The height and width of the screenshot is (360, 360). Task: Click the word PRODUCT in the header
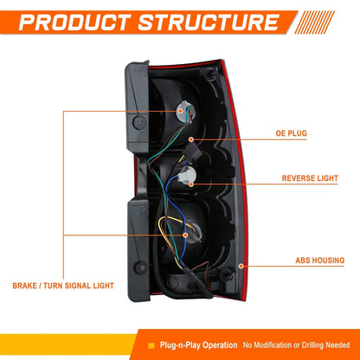point(74,22)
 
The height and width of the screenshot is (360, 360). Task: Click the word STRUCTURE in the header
point(209,22)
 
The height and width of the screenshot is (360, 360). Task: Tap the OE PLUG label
point(291,133)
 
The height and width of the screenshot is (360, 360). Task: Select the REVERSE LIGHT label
point(310,178)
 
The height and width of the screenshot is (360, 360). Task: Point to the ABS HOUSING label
point(320,260)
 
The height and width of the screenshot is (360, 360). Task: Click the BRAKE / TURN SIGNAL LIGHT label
point(63,286)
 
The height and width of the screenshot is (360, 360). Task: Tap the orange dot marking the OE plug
point(191,139)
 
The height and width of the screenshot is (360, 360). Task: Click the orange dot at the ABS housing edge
point(241,266)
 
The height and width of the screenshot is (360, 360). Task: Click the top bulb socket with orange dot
point(183,112)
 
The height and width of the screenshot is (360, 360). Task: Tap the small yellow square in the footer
point(151,345)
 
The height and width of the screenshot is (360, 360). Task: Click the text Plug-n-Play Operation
point(199,345)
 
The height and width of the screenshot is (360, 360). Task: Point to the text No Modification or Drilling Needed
point(296,345)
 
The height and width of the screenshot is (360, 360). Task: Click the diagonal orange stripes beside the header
point(314,22)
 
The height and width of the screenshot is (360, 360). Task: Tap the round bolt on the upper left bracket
point(140,122)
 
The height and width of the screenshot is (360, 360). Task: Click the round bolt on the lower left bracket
point(141,267)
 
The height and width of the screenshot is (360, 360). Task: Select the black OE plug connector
point(191,152)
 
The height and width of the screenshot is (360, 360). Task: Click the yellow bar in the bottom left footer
point(67,344)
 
